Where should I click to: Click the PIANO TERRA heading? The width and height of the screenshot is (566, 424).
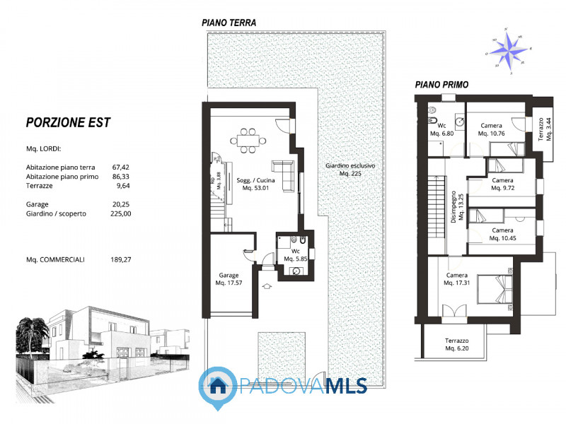(x=229, y=23)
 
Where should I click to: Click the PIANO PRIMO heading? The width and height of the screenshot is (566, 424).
(x=441, y=84)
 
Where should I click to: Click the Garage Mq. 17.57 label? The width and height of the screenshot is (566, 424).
(x=228, y=279)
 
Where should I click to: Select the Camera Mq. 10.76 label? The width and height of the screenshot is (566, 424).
(x=492, y=129)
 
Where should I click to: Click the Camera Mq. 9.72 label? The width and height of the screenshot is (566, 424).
(x=502, y=184)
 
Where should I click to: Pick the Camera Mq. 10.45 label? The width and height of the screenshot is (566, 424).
(x=502, y=234)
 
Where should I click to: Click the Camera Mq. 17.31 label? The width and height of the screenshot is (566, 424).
(x=457, y=279)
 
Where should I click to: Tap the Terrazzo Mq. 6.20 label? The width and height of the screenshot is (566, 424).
(x=456, y=345)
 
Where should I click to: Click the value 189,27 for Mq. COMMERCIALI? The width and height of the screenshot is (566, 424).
(x=121, y=259)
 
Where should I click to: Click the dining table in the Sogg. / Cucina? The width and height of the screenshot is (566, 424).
(x=248, y=139)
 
